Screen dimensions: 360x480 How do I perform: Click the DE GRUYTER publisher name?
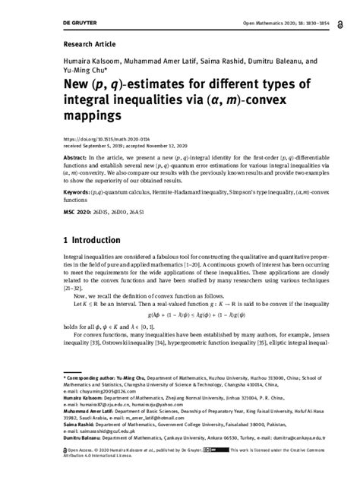[x=36, y=8]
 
